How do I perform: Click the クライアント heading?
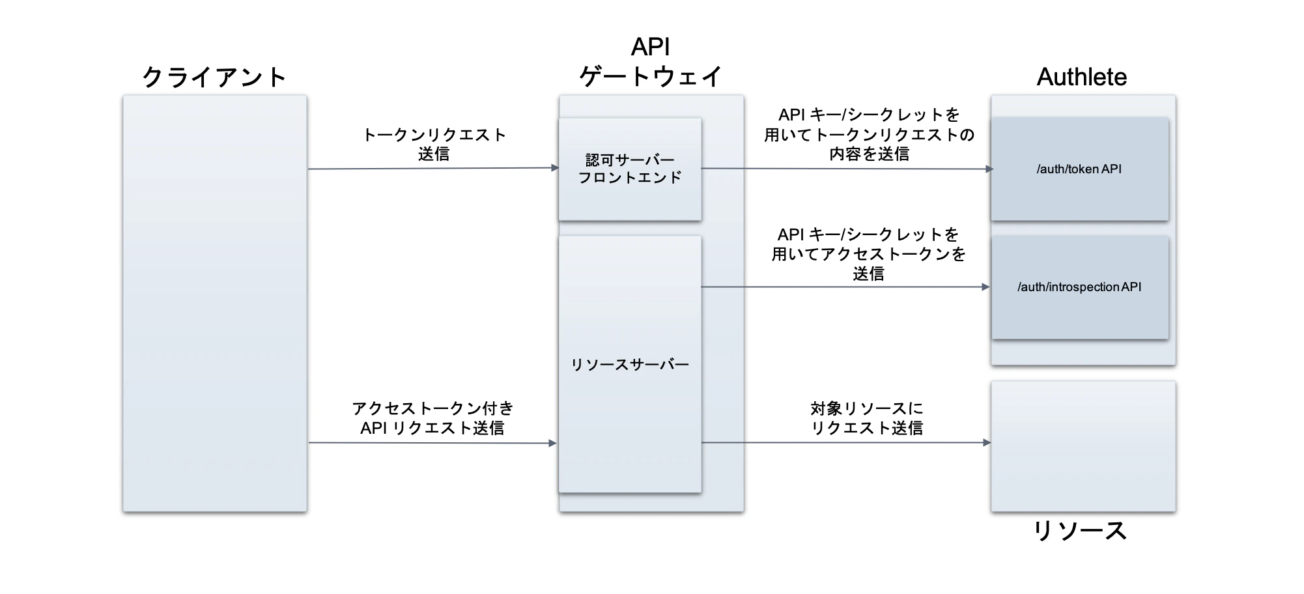[x=214, y=77]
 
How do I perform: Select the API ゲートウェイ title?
[x=651, y=63]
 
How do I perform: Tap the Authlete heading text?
[x=1081, y=77]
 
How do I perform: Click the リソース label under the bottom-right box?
[x=1080, y=531]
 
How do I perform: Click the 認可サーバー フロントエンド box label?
[x=630, y=169]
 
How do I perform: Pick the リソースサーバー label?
[x=630, y=365]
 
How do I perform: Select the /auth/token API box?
[x=1079, y=169]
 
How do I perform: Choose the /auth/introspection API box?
[x=1079, y=287]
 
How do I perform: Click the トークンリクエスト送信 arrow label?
[x=434, y=144]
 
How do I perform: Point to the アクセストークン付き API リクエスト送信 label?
[x=433, y=417]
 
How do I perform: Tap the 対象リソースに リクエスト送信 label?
[x=867, y=417]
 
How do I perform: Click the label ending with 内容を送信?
[x=869, y=134]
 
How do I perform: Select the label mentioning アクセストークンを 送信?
[x=868, y=254]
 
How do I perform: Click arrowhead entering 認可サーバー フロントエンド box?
[x=555, y=168]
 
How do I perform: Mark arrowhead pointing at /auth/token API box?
[x=989, y=169]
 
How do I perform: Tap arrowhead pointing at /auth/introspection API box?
[x=985, y=287]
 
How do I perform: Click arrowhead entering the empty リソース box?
[x=987, y=442]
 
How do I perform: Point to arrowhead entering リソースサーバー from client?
[x=553, y=444]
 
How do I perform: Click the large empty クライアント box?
[x=214, y=303]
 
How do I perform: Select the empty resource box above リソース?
[x=1083, y=446]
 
